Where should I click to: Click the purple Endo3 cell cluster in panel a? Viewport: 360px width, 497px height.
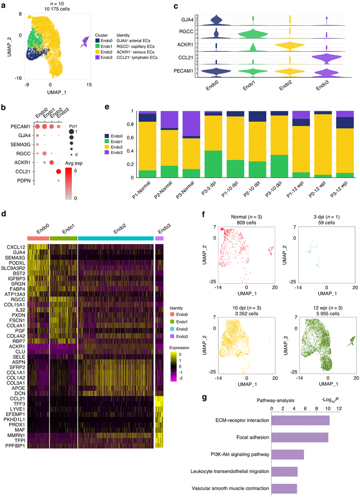(x=85, y=41)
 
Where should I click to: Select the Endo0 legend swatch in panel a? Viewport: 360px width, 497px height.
(x=97, y=41)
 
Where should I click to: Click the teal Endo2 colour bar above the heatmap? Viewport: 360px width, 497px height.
(x=116, y=239)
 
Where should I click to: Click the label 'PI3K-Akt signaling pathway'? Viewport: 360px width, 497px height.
(x=234, y=455)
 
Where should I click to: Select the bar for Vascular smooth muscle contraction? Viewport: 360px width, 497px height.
(x=284, y=488)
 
